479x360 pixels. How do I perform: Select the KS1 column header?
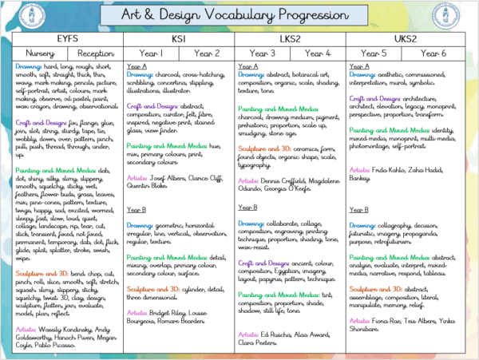(179, 38)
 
